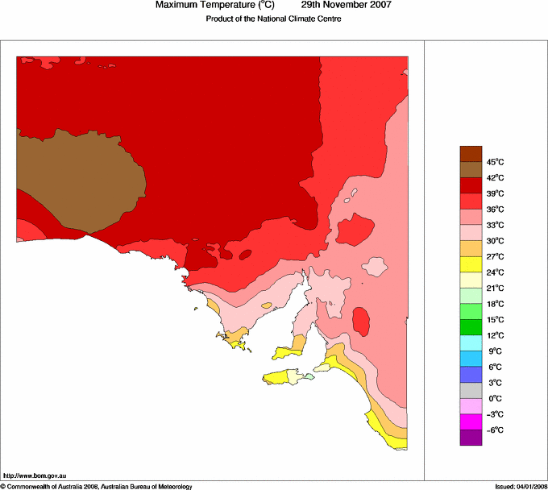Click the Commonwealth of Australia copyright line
click(97, 486)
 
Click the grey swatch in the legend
click(470, 391)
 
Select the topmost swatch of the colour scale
click(470, 154)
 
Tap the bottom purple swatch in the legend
click(470, 438)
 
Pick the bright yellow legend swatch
click(470, 264)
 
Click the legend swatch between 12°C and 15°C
click(470, 327)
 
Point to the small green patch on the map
click(310, 377)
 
